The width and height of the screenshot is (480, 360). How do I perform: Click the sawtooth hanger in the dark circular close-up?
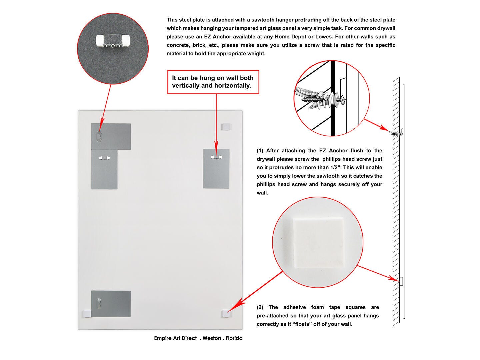113,41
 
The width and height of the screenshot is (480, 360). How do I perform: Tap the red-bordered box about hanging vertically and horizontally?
213,82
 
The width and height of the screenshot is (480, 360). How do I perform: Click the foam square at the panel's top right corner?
226,127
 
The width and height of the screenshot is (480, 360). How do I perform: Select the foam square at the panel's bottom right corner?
226,314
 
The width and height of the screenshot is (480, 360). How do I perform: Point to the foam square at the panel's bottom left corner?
87,313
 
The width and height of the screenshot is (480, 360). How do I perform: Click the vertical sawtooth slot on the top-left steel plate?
99,136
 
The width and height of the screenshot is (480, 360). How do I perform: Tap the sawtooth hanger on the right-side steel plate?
216,157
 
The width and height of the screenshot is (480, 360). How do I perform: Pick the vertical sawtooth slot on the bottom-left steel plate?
99,303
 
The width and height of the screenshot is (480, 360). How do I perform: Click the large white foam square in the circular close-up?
318,243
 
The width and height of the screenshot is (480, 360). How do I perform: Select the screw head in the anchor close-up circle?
341,100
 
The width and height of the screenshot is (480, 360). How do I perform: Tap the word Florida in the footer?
234,338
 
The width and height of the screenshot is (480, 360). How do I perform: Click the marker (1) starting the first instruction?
260,151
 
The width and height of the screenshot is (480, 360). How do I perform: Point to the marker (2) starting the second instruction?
260,307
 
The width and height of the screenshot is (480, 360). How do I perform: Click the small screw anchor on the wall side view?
397,133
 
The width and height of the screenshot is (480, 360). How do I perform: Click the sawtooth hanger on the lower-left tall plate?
104,158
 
